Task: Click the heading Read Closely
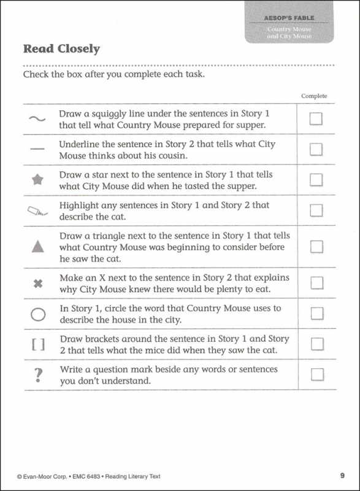(61, 48)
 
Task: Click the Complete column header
(315, 96)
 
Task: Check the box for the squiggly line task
(316, 119)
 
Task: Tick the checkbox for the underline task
(316, 149)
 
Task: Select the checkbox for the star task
(316, 179)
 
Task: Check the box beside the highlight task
(316, 211)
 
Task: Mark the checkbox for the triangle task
(316, 246)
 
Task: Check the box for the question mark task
(316, 374)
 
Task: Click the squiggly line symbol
(37, 119)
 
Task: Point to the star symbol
(37, 180)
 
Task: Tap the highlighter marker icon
(37, 211)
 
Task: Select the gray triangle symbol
(37, 247)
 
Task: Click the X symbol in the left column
(37, 284)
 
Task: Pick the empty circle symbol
(37, 314)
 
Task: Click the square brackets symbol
(37, 345)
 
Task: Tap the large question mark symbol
(37, 374)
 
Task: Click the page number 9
(342, 476)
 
